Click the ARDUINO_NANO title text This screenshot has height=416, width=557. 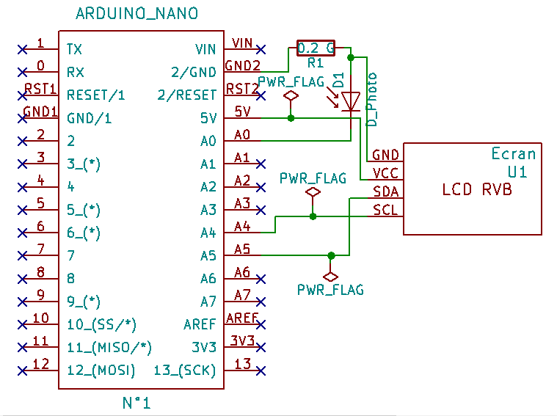136,14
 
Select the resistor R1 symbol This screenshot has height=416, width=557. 316,48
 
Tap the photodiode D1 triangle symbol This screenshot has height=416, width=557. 352,101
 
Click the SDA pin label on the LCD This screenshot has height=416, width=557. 386,191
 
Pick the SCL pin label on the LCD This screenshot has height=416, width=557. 386,210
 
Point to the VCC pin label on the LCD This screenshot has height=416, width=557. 386,173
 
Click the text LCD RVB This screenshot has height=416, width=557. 477,189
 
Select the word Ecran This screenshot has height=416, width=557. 514,153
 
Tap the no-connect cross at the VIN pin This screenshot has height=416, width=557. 261,49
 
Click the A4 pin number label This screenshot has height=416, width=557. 242,227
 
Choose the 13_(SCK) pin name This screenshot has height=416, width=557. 185,371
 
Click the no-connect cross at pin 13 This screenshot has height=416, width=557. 261,370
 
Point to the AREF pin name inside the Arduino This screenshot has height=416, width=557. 200,324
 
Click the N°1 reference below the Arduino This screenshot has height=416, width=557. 136,403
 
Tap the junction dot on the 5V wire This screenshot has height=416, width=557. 291,117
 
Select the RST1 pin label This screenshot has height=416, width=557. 40,89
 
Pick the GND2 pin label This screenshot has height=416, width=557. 242,65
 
